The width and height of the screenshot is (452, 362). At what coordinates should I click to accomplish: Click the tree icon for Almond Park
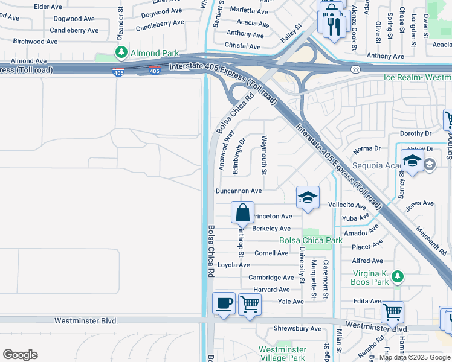coord(121,52)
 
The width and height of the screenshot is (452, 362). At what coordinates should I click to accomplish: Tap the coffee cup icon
coord(224,302)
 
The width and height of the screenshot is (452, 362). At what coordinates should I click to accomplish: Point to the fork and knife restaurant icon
coord(334,25)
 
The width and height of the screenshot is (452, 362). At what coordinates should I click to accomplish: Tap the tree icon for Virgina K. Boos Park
coord(397,276)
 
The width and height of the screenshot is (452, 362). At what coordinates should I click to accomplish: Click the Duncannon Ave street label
coord(239,191)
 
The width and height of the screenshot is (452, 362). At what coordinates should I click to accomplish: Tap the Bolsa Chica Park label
coord(311,240)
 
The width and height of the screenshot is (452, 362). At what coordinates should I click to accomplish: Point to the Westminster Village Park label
coord(282,354)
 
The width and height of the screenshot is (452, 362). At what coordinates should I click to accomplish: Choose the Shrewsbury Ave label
coord(299,329)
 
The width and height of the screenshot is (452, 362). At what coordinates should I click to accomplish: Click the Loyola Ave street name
coord(233,265)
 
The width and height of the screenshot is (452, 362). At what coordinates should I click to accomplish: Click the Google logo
coord(20,355)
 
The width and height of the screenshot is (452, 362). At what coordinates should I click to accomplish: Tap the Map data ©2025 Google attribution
coord(415,357)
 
